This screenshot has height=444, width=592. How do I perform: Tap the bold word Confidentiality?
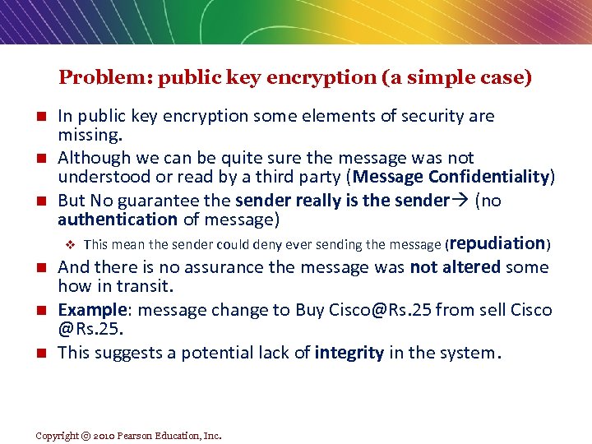tap(492, 177)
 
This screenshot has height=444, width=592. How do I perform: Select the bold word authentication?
tap(118, 219)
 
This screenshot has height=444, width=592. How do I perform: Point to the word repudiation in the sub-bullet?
tap(497, 243)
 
